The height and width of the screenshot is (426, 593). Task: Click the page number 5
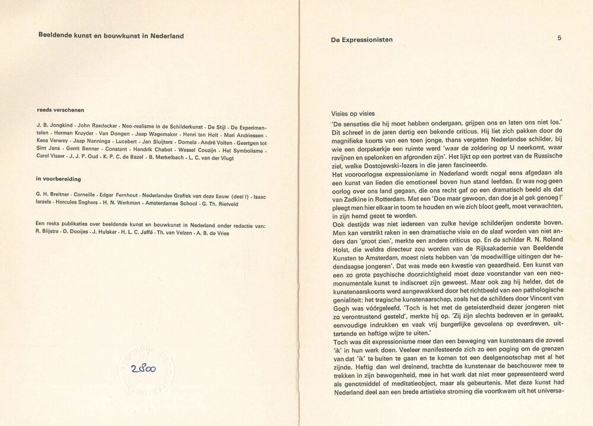click(x=559, y=38)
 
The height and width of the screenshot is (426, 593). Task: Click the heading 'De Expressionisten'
click(x=361, y=40)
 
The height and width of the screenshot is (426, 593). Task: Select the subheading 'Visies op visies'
click(x=357, y=113)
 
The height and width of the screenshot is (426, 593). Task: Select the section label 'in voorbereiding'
click(x=58, y=179)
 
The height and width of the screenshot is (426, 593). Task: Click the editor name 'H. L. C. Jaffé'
click(x=134, y=233)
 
